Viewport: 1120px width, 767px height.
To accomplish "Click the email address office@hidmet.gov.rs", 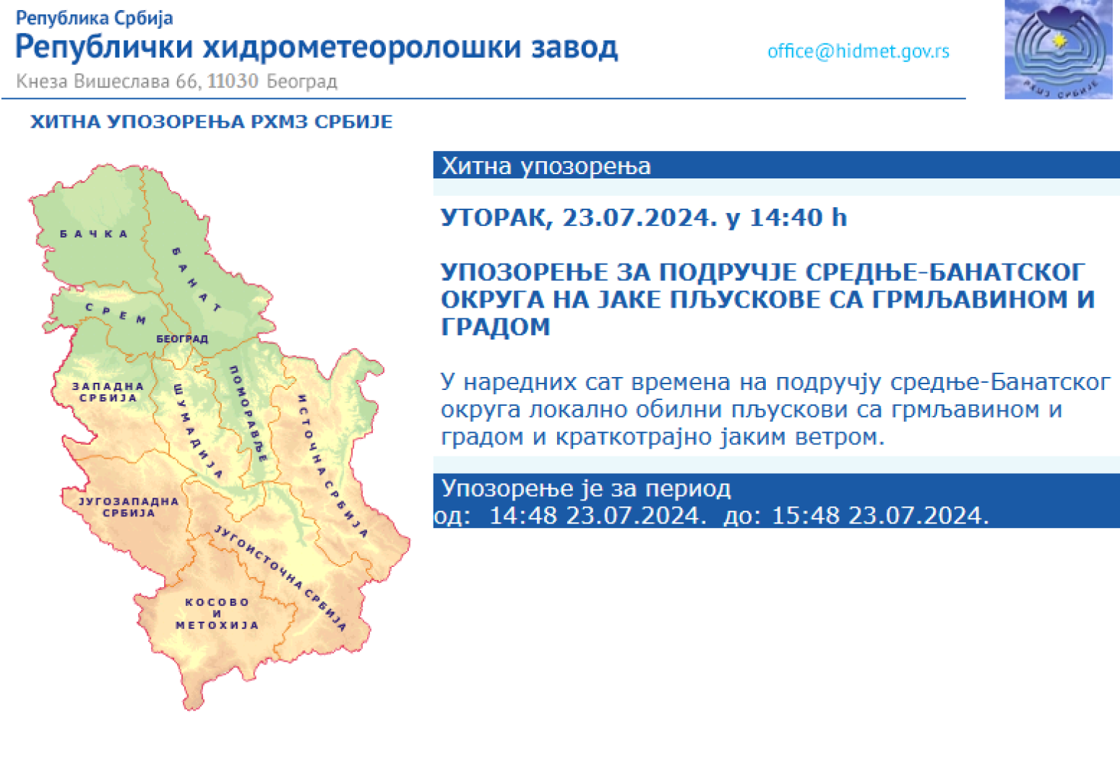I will pyautogui.click(x=858, y=51).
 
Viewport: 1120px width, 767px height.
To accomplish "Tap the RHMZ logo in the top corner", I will pyautogui.click(x=1058, y=50).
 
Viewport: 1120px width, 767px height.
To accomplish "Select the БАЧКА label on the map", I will pyautogui.click(x=94, y=234).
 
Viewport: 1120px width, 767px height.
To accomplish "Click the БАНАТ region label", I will pyautogui.click(x=196, y=279).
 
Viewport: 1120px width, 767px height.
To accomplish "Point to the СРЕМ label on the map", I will pyautogui.click(x=116, y=313).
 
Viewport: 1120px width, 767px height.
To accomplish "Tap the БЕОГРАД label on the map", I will pyautogui.click(x=182, y=339).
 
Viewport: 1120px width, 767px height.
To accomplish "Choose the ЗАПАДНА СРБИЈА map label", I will pyautogui.click(x=108, y=391).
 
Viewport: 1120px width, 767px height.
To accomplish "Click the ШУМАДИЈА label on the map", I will pyautogui.click(x=197, y=431).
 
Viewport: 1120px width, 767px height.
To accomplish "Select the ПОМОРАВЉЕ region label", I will pyautogui.click(x=248, y=413).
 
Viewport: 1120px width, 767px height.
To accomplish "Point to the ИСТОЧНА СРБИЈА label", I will pyautogui.click(x=332, y=466).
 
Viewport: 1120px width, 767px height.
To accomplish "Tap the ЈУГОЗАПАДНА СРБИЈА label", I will pyautogui.click(x=128, y=506).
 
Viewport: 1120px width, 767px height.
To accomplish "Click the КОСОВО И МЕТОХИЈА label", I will pyautogui.click(x=217, y=613).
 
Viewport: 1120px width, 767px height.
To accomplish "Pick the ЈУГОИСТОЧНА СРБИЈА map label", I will pyautogui.click(x=280, y=577).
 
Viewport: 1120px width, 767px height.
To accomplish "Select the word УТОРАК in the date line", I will pyautogui.click(x=496, y=217).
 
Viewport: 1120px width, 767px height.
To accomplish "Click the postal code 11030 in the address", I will pyautogui.click(x=233, y=81).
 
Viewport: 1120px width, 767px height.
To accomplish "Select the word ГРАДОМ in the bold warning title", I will pyautogui.click(x=495, y=327).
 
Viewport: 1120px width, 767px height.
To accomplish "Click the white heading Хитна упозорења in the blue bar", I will pyautogui.click(x=546, y=166).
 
